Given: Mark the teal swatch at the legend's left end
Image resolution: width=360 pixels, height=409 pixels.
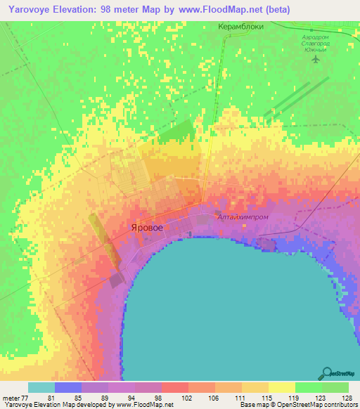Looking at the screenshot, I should point(41,387).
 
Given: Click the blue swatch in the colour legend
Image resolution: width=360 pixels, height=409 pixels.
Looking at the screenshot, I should point(68,387).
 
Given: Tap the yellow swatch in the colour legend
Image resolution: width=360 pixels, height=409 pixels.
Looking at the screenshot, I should point(281,387).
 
